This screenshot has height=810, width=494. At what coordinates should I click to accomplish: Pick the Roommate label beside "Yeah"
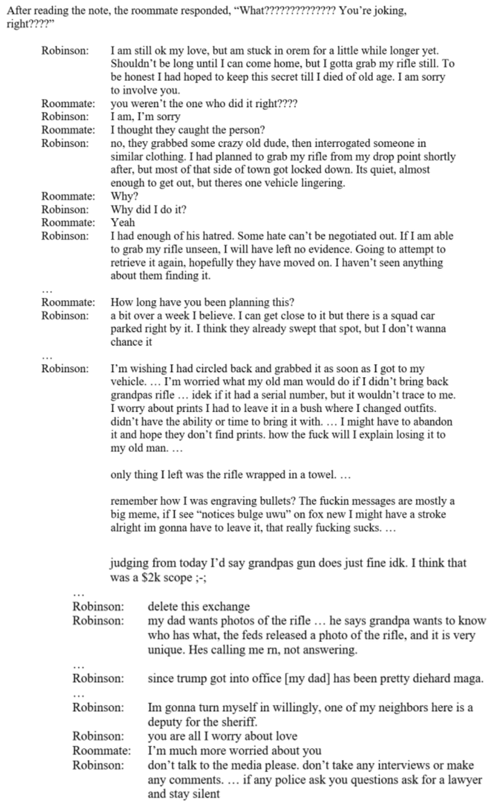(x=67, y=223)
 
